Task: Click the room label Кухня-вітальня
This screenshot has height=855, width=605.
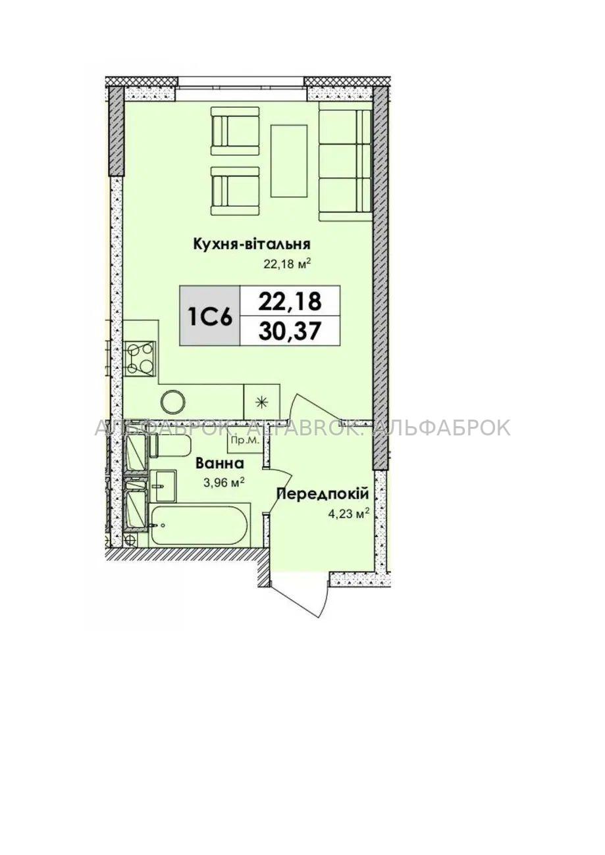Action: click(x=251, y=244)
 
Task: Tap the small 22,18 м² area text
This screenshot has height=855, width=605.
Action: click(x=285, y=264)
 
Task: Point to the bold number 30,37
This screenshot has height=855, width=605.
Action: click(x=289, y=331)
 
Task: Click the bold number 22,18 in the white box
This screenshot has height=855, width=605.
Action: click(x=289, y=301)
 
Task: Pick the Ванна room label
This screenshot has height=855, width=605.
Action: click(x=220, y=464)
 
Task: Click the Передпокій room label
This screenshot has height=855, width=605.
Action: click(x=323, y=495)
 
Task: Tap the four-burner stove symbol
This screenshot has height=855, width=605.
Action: click(x=140, y=356)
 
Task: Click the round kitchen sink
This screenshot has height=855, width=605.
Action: click(x=173, y=402)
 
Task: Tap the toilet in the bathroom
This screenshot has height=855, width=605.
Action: click(x=169, y=446)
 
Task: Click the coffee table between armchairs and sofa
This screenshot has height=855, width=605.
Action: click(x=289, y=161)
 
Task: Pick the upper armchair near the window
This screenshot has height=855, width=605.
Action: click(x=235, y=131)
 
